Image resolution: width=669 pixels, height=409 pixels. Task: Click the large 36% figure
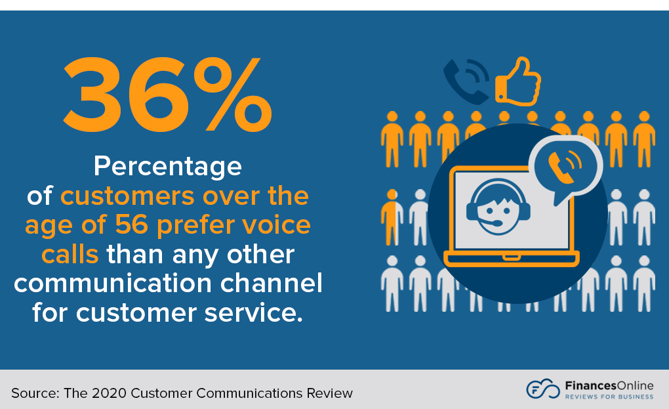pos(167,94)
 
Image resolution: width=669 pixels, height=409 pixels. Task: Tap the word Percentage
pos(168,167)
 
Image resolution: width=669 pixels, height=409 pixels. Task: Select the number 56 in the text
pos(131,225)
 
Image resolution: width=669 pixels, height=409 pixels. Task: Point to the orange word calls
pos(70,255)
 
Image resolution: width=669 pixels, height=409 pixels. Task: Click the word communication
pos(113,284)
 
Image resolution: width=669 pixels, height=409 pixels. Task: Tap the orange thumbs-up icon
pos(518,82)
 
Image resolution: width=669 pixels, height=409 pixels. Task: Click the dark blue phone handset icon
pos(466,81)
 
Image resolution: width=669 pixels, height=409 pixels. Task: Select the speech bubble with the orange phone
pos(565,168)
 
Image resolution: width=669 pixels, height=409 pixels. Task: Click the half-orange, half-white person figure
pos(392,217)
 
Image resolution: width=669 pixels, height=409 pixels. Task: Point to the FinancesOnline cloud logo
pos(542,389)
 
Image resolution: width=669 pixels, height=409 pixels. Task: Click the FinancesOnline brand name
pos(609,385)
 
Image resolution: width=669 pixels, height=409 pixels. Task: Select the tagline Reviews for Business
pos(609,397)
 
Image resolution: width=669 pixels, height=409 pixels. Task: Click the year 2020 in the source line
pos(109,393)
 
